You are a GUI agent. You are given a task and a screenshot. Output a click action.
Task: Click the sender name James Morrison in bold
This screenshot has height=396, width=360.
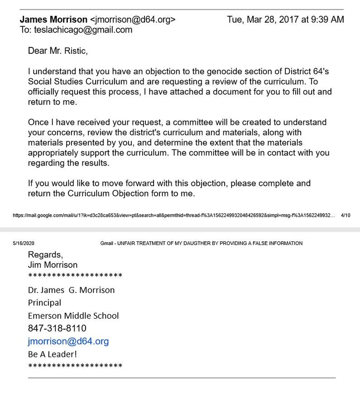pyautogui.click(x=53, y=20)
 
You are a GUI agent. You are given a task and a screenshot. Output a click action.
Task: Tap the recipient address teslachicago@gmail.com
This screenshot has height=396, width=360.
pyautogui.click(x=83, y=30)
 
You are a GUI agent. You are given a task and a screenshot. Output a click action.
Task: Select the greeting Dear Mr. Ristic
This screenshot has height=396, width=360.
pyautogui.click(x=57, y=51)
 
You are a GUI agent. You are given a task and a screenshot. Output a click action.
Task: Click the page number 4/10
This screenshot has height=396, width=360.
pyautogui.click(x=345, y=215)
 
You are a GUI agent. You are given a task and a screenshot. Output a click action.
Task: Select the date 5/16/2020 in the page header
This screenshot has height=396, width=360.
pyautogui.click(x=23, y=244)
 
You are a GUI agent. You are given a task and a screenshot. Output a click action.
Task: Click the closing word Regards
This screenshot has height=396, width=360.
pyautogui.click(x=45, y=255)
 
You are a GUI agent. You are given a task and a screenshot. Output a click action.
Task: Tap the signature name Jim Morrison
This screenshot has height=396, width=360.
pyautogui.click(x=52, y=265)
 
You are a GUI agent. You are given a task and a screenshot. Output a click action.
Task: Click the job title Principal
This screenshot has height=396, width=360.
pyautogui.click(x=44, y=303)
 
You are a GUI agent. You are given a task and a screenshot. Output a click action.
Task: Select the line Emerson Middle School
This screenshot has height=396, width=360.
pyautogui.click(x=73, y=315)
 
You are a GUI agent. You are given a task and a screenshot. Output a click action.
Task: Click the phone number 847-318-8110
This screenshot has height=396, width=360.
pyautogui.click(x=57, y=328)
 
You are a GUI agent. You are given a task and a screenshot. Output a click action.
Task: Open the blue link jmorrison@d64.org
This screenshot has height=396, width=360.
pyautogui.click(x=68, y=341)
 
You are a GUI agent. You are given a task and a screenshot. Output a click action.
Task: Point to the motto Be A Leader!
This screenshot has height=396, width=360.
pyautogui.click(x=52, y=354)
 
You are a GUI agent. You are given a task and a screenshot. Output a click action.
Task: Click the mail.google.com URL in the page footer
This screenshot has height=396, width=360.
pyautogui.click(x=173, y=215)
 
